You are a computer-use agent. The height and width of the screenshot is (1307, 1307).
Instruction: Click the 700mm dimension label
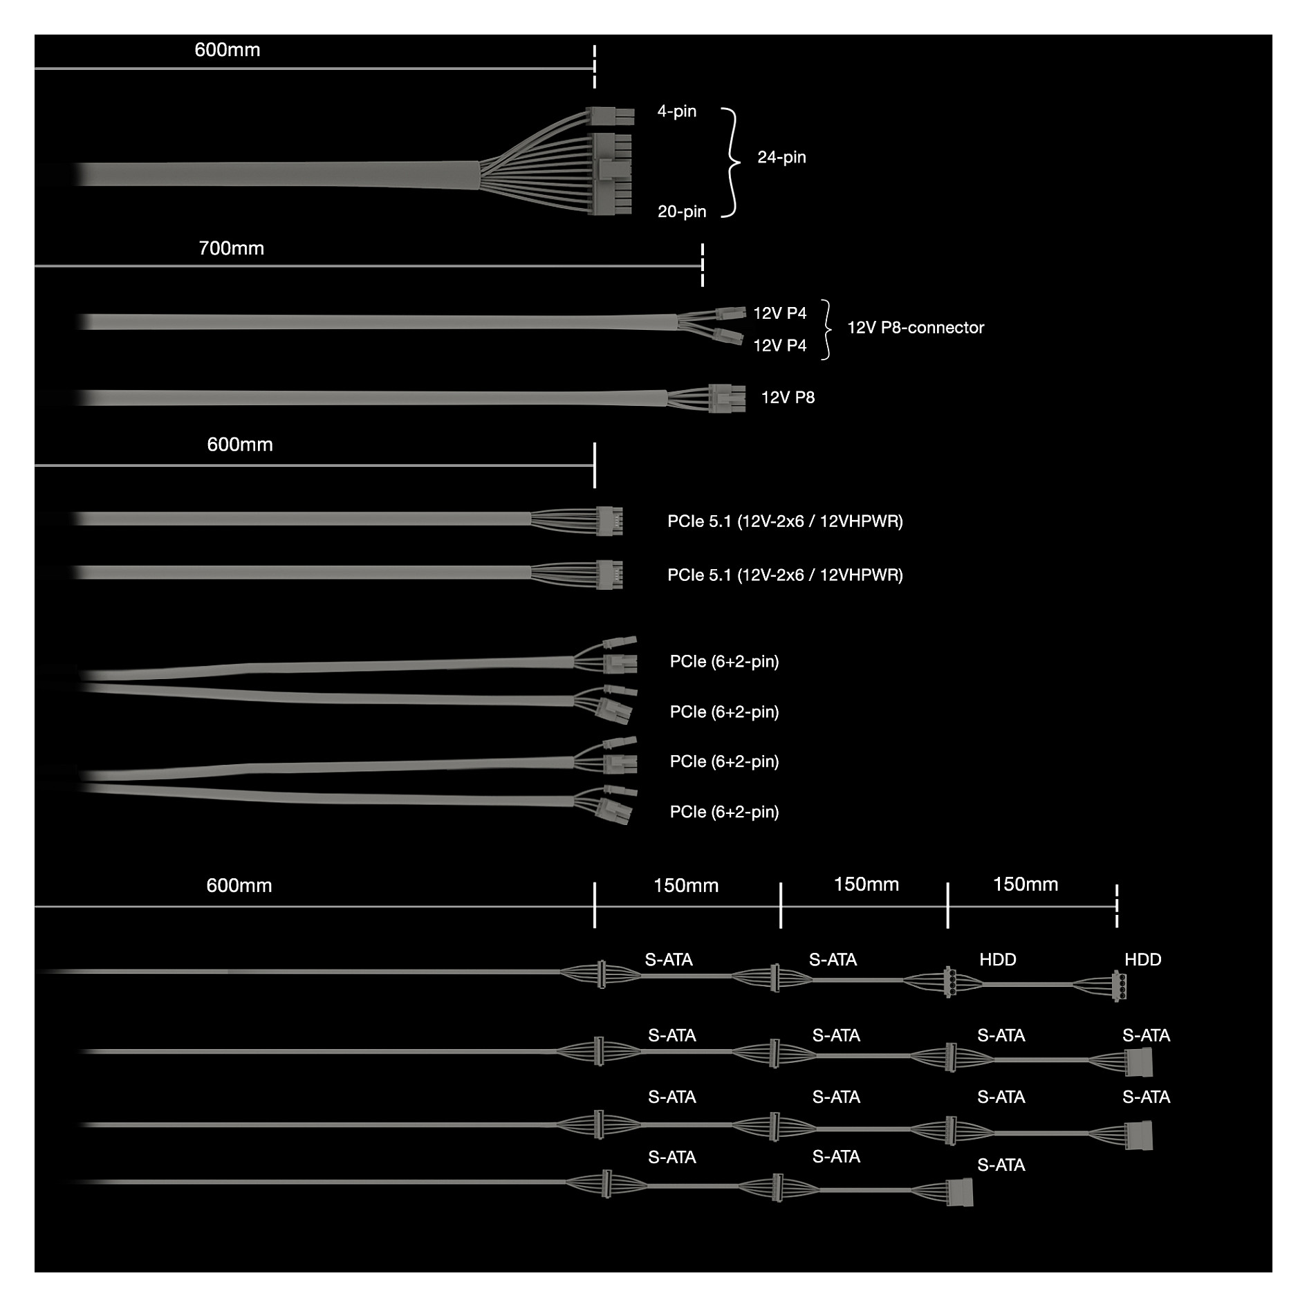[231, 248]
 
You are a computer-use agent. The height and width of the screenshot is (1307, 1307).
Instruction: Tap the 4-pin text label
[676, 111]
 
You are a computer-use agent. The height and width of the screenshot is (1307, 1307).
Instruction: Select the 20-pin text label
[682, 212]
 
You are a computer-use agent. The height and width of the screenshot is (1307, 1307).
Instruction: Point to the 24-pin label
[781, 157]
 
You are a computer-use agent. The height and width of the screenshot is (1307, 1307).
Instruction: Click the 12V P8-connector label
[916, 328]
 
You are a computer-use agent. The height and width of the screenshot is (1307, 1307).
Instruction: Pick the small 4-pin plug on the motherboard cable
[609, 115]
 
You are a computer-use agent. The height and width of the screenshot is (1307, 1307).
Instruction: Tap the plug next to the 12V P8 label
[727, 398]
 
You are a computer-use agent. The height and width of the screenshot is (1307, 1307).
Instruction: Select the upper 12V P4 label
[779, 313]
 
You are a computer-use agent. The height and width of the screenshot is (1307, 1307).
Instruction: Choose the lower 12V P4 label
[779, 346]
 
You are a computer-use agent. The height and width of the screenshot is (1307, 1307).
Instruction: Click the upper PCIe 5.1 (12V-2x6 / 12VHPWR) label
[785, 521]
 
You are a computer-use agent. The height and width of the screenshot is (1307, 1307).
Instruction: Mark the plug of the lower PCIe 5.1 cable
[609, 575]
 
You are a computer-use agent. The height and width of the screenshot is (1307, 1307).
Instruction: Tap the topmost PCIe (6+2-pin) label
[724, 662]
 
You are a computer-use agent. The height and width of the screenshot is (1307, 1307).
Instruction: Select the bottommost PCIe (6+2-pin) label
[724, 812]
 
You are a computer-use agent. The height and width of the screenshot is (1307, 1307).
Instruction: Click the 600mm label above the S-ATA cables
[239, 886]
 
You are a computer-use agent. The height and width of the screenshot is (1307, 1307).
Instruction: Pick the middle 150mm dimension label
[866, 884]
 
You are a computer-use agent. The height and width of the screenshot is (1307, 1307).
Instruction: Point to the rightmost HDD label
[1142, 960]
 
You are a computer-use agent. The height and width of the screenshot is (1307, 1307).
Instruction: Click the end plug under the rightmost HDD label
[1118, 986]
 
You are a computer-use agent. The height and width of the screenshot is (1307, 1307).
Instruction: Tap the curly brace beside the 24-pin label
[731, 163]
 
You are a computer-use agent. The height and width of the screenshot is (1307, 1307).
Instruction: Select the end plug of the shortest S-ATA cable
[959, 1192]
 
